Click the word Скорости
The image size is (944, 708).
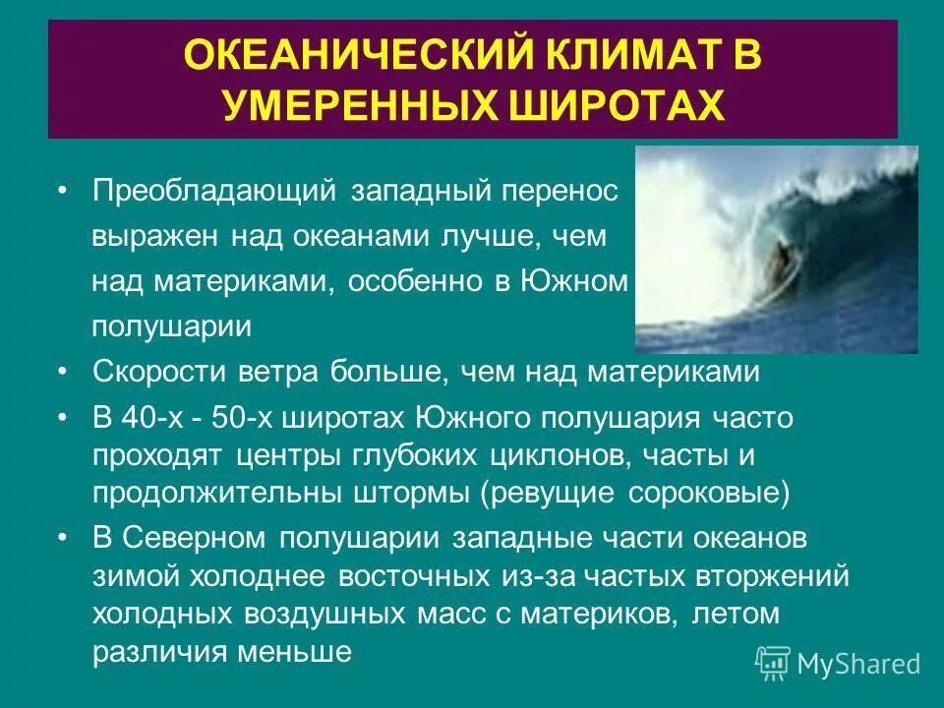158,373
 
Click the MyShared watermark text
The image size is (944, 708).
858,664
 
